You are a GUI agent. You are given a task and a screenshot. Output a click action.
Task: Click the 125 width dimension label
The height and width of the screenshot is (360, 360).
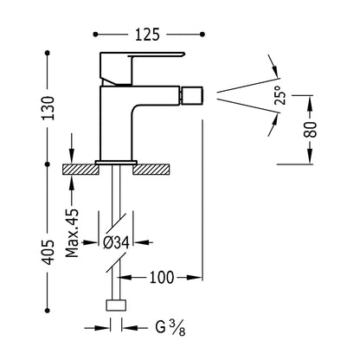(147, 35)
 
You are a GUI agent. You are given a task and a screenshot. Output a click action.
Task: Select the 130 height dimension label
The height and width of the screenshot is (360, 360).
(48, 108)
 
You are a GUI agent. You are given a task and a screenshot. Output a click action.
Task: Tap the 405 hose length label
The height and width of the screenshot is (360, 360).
(48, 252)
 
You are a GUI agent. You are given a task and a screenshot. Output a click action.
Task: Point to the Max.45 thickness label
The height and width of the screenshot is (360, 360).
(72, 233)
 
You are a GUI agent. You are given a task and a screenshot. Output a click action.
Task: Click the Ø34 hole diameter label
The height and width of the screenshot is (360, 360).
(116, 242)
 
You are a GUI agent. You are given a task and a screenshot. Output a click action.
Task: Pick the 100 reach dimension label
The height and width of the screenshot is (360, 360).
(162, 278)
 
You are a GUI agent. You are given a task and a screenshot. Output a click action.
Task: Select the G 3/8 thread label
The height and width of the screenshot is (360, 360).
(170, 328)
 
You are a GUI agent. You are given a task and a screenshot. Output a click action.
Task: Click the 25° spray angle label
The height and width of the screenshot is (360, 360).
(280, 95)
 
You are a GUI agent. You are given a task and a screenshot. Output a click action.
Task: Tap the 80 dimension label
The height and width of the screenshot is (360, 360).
(311, 130)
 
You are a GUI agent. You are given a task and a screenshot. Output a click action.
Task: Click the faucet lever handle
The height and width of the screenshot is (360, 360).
(141, 68)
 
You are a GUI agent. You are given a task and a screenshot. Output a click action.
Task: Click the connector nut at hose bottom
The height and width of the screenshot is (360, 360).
(116, 305)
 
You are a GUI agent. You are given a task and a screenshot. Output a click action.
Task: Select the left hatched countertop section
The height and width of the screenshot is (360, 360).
(80, 170)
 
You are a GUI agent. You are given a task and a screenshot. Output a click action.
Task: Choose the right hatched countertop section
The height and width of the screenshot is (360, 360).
(151, 170)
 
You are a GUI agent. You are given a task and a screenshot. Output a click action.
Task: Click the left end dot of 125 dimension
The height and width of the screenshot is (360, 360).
(95, 35)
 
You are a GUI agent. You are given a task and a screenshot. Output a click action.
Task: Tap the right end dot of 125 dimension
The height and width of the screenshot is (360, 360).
(202, 35)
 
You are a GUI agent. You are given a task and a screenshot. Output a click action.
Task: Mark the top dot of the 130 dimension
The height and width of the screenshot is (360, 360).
(48, 53)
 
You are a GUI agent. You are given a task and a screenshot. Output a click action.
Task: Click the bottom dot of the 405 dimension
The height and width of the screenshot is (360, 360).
(48, 311)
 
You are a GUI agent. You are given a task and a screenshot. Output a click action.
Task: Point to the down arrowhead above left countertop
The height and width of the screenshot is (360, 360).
(72, 157)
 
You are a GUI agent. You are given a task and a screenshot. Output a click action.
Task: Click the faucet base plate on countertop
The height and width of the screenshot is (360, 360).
(116, 163)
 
